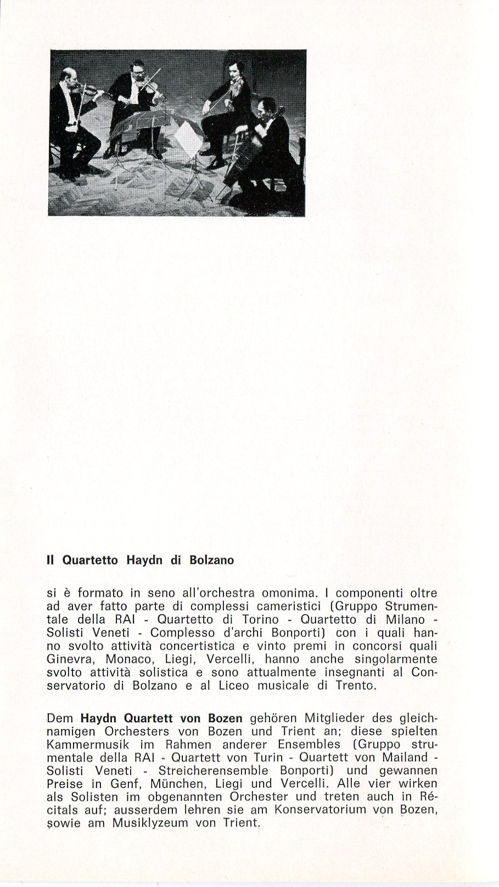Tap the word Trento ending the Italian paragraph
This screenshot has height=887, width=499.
(356, 685)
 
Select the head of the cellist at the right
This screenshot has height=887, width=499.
(268, 107)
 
